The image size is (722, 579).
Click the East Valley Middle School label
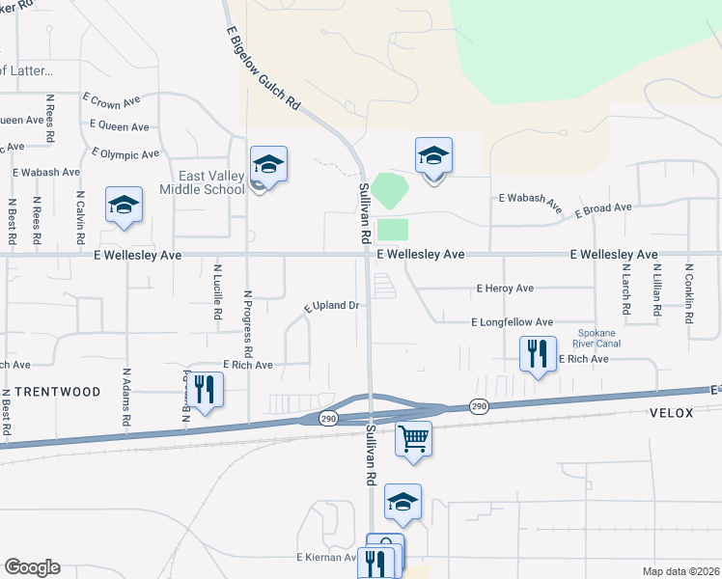click(211, 182)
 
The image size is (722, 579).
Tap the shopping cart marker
click(413, 440)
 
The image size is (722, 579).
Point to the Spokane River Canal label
click(596, 337)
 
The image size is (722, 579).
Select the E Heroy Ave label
click(505, 289)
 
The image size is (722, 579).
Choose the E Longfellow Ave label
click(512, 322)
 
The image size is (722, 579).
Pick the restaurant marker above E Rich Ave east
click(538, 354)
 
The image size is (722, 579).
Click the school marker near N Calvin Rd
click(124, 206)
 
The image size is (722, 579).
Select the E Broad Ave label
click(602, 209)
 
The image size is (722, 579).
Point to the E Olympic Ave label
click(125, 153)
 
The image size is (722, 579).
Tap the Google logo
click(32, 567)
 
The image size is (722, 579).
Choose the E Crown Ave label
click(112, 99)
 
